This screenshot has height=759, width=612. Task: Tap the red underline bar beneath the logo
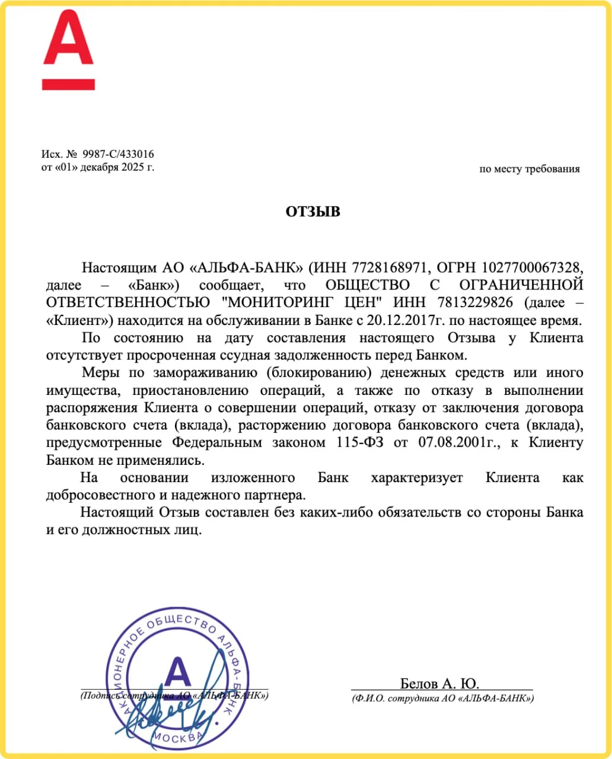coord(68,84)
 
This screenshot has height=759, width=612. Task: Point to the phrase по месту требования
coord(529,169)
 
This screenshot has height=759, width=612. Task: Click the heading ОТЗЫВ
coord(313,212)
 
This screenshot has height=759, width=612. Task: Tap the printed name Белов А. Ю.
coord(439,683)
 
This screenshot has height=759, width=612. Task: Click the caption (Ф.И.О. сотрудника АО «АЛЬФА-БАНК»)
coord(442,699)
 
